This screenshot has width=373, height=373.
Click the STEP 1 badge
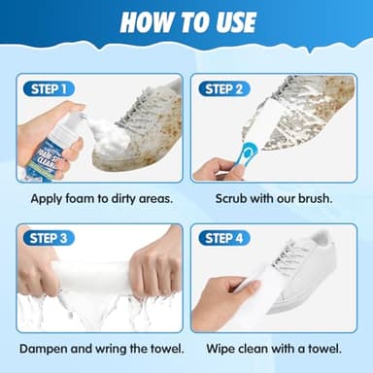pos(47,88)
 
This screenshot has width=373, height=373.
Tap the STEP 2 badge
pos(230,88)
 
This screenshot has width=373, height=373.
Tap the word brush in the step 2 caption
pos(314,199)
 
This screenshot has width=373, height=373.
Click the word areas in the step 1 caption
pos(151,199)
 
